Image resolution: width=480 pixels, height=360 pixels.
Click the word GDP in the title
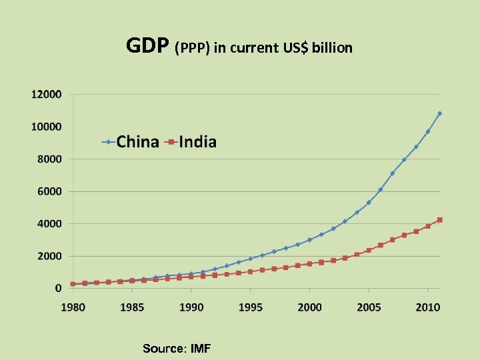coord(148,46)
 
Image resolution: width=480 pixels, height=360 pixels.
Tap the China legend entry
coord(137,142)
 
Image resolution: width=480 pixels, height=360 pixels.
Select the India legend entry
coord(197,142)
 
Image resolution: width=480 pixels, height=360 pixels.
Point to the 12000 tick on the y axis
coord(47,95)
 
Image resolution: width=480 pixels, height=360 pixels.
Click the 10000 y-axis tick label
coord(47,127)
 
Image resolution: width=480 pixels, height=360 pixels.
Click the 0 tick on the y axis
coord(59,288)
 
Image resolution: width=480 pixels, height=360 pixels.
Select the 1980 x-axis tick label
coord(73,307)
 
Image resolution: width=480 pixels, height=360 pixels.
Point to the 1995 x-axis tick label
coord(250,307)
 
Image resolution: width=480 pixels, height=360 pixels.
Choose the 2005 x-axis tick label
coord(369,307)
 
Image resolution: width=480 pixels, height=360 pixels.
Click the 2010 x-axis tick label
coord(428,307)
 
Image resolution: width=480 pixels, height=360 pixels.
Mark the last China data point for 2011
coord(439,113)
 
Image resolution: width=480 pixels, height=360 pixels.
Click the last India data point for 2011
coord(439,220)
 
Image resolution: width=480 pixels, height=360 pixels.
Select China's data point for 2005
coord(369,203)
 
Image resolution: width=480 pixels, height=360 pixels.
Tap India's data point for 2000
coord(309,264)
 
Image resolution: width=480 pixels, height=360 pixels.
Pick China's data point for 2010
coord(428,131)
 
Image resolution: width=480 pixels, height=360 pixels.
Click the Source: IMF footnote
coord(177,349)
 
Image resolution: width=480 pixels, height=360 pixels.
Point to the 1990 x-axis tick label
coord(191,307)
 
